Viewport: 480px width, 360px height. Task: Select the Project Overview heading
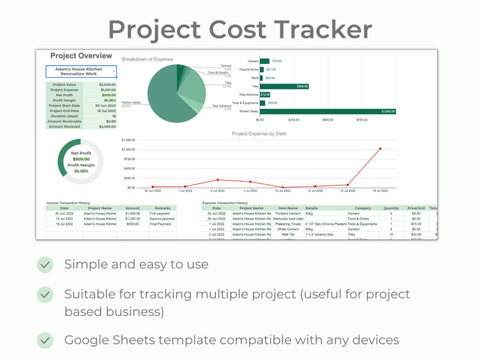click(81, 56)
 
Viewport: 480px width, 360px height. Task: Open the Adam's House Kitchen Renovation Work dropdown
click(81, 72)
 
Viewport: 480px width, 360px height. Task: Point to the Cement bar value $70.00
click(277, 61)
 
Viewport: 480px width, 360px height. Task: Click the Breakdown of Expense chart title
click(148, 59)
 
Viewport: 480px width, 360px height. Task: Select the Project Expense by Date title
click(259, 133)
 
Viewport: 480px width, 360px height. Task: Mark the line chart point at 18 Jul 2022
click(380, 149)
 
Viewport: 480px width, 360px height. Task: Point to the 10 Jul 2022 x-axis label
click(282, 191)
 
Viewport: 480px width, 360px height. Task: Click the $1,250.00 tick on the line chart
click(128, 140)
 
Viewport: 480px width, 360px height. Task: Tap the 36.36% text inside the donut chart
click(81, 171)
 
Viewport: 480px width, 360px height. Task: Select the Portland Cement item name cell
click(288, 213)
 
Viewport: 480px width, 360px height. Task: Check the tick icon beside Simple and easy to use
click(45, 265)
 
